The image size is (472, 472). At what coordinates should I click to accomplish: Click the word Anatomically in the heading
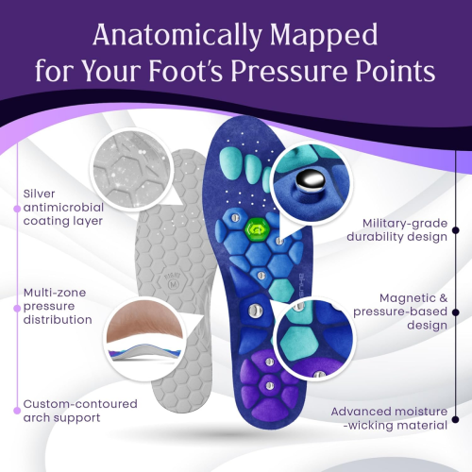(x=177, y=35)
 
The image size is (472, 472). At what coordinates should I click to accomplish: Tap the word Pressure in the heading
(x=289, y=71)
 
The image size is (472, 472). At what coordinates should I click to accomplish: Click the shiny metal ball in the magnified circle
(x=311, y=180)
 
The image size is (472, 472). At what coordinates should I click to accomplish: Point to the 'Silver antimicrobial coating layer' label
(x=63, y=208)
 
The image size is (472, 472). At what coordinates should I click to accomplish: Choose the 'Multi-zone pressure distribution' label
(x=58, y=306)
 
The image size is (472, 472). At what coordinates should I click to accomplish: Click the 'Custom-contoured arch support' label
(x=80, y=411)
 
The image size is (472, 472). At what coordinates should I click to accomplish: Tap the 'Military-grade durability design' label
(x=397, y=230)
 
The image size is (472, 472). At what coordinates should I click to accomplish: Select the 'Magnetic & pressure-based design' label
(x=400, y=312)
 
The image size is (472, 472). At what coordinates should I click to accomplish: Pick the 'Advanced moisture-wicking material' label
(x=389, y=418)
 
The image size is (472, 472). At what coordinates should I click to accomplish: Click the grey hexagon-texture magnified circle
(x=132, y=169)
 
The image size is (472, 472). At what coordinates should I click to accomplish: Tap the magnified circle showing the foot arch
(x=144, y=339)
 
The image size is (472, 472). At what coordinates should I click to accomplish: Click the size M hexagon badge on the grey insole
(x=174, y=282)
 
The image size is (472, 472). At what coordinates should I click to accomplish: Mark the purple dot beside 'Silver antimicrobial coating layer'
(x=17, y=209)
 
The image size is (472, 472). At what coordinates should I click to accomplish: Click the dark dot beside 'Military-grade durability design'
(x=455, y=230)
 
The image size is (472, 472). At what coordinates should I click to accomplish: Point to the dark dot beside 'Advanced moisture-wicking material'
(x=455, y=419)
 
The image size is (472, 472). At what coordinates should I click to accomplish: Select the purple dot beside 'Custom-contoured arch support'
(x=17, y=411)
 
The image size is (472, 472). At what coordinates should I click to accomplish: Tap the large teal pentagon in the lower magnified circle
(x=298, y=343)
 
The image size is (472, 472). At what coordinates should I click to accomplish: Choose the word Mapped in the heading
(x=324, y=35)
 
